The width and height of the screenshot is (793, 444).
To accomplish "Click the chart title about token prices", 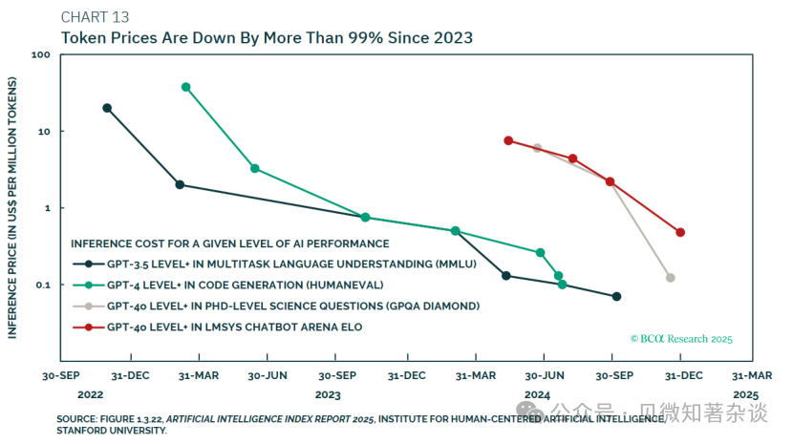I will (x=267, y=38).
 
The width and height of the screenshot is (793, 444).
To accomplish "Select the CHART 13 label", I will (x=96, y=17).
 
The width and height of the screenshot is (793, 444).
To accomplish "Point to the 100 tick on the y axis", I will (x=41, y=55).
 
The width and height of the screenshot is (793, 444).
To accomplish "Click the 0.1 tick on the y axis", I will (x=42, y=285).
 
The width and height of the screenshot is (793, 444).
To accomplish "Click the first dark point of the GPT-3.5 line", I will (x=107, y=108).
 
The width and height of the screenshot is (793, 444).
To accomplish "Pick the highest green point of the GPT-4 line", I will (x=185, y=87).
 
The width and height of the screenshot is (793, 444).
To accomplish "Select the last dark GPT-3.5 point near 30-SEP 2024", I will (x=616, y=297).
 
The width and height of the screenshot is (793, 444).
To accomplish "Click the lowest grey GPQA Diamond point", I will (x=671, y=278).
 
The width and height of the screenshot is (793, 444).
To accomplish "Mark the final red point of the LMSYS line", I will (x=680, y=232).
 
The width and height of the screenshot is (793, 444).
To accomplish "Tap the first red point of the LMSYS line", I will (x=508, y=140).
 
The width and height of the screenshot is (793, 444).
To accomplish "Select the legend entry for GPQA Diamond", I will (x=292, y=307).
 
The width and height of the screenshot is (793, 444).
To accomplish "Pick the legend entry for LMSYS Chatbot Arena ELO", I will (x=235, y=328).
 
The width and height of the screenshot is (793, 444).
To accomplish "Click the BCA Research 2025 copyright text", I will (x=681, y=339).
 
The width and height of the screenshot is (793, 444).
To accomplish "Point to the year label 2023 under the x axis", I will (x=328, y=394).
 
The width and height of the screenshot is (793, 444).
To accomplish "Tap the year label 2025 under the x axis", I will (x=745, y=394).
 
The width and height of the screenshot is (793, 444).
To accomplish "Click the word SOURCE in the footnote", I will (x=77, y=419).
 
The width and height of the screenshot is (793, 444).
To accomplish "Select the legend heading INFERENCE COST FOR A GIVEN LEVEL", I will (x=230, y=243).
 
